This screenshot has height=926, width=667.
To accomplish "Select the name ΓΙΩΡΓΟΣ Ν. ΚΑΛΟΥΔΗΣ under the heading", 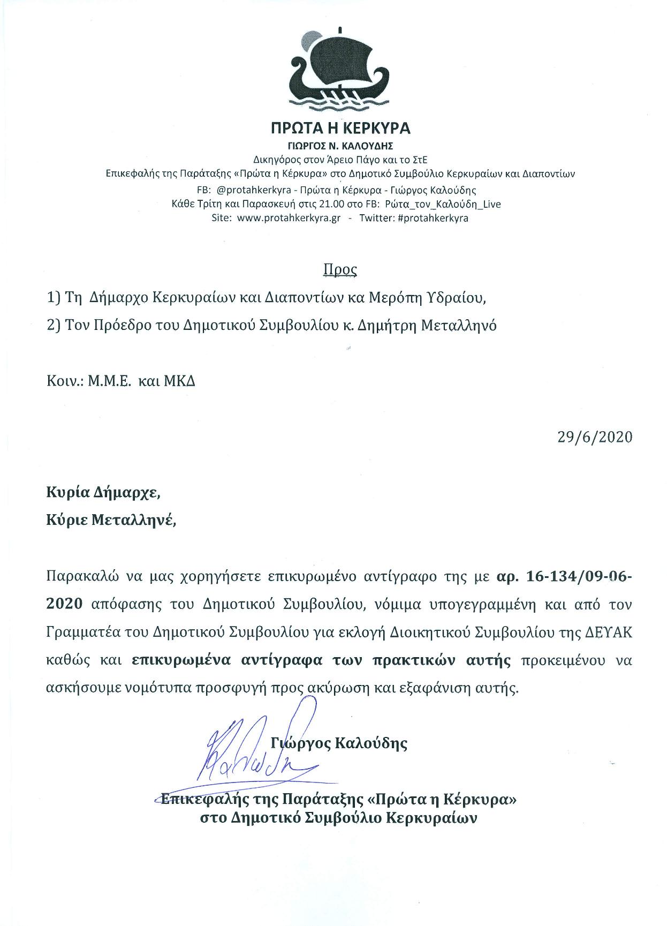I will (x=340, y=145).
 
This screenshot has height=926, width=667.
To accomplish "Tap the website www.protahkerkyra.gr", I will (x=289, y=219).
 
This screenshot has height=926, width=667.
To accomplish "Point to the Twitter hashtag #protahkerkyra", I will (x=433, y=219).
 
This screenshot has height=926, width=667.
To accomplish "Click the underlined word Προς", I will (x=340, y=269).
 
